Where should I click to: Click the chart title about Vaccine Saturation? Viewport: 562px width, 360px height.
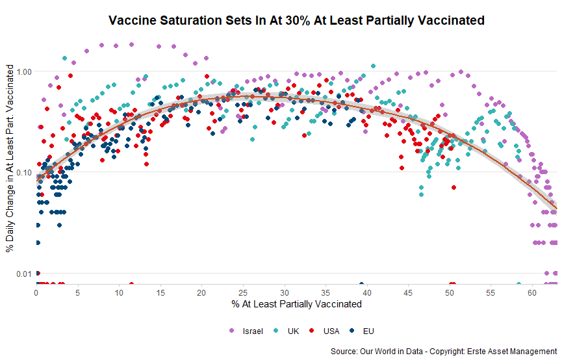click(x=296, y=20)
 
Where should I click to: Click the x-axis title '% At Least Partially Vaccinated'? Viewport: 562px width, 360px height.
click(x=296, y=303)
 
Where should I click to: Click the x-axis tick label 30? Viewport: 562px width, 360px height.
click(x=284, y=293)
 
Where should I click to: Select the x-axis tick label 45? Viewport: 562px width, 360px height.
click(x=408, y=293)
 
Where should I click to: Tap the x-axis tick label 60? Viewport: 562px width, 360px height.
click(x=532, y=293)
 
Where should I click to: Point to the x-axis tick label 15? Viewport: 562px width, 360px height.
click(x=160, y=293)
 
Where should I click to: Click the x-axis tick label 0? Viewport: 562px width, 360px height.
click(x=36, y=293)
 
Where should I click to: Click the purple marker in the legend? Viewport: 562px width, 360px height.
click(x=232, y=331)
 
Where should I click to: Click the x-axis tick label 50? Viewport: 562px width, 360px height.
click(x=450, y=293)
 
